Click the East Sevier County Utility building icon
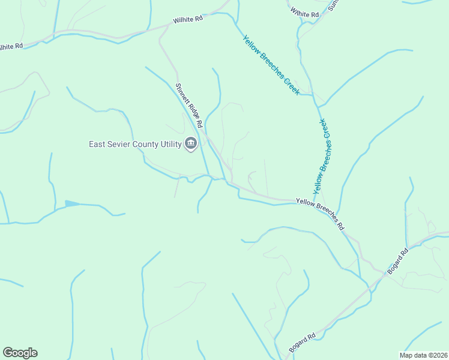(x=191, y=144)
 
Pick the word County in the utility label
(x=145, y=144)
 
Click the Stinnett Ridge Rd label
(x=188, y=106)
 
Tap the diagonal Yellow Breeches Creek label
(x=271, y=65)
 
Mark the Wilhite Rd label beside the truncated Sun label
(x=304, y=12)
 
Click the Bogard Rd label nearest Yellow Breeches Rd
(x=397, y=261)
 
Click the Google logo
(x=20, y=353)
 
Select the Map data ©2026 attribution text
(x=423, y=355)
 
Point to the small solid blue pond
(x=72, y=204)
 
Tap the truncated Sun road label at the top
(x=334, y=5)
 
